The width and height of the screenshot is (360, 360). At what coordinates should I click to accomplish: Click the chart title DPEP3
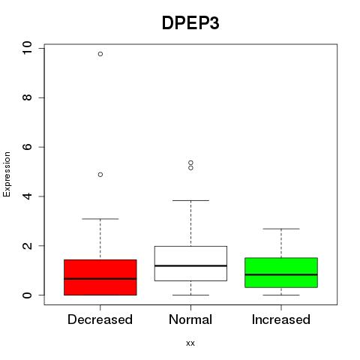[x=190, y=23]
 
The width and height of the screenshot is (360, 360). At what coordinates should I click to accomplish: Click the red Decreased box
[x=100, y=277]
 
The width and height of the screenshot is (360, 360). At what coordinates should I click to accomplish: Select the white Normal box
[x=190, y=263]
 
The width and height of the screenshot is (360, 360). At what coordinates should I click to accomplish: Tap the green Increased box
[x=281, y=272]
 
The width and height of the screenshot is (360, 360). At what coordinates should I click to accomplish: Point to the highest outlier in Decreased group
[x=100, y=54]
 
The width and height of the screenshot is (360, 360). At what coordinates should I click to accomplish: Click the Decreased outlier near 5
[x=100, y=175]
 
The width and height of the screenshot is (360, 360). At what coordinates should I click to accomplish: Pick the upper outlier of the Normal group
[x=190, y=163]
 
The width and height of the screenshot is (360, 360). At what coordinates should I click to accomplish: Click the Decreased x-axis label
[x=100, y=319]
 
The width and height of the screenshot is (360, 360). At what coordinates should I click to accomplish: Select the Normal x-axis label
[x=190, y=319]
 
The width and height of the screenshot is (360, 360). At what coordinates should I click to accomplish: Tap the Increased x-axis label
[x=281, y=319]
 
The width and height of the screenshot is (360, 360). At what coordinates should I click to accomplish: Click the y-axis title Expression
[x=7, y=174]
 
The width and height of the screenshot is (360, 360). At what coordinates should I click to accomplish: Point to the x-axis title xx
[x=190, y=343]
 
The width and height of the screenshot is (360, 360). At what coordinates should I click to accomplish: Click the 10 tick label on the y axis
[x=27, y=48]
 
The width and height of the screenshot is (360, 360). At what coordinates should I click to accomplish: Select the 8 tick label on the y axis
[x=27, y=97]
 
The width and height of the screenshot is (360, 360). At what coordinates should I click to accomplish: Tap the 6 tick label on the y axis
[x=27, y=147]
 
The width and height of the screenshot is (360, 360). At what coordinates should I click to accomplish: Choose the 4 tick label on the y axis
[x=27, y=196]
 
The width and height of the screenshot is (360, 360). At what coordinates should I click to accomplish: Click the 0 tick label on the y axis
[x=27, y=295]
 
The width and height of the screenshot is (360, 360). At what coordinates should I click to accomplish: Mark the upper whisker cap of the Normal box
[x=190, y=200]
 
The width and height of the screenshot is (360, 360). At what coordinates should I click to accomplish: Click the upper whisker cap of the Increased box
[x=281, y=229]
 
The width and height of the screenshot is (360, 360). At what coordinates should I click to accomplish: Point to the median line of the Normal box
[x=190, y=265]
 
